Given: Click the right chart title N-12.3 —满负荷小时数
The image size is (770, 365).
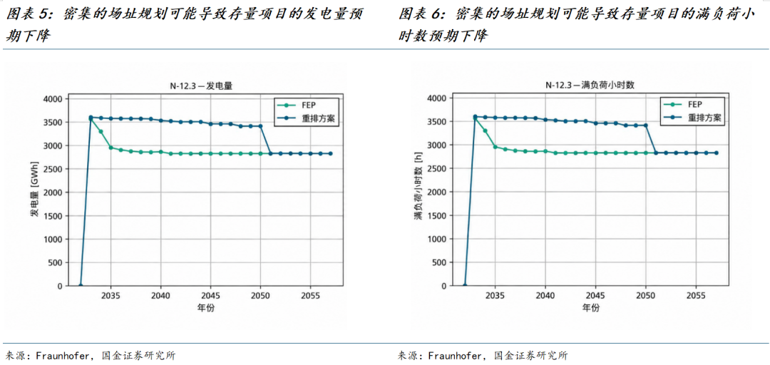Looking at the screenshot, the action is (x=590, y=85).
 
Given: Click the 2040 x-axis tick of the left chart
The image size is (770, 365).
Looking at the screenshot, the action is (x=160, y=297).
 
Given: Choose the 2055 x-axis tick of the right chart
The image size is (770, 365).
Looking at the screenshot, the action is (x=696, y=297).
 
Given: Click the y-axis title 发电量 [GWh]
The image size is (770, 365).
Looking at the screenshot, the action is (x=34, y=192).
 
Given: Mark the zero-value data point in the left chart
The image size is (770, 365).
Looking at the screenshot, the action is (x=81, y=286).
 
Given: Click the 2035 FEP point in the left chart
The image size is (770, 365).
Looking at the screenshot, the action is (x=111, y=148).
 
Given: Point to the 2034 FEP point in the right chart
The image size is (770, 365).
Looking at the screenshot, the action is (x=486, y=130).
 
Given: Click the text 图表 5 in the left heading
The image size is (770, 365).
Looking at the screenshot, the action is (x=28, y=15).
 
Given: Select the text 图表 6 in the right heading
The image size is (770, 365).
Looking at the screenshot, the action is (x=420, y=15).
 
